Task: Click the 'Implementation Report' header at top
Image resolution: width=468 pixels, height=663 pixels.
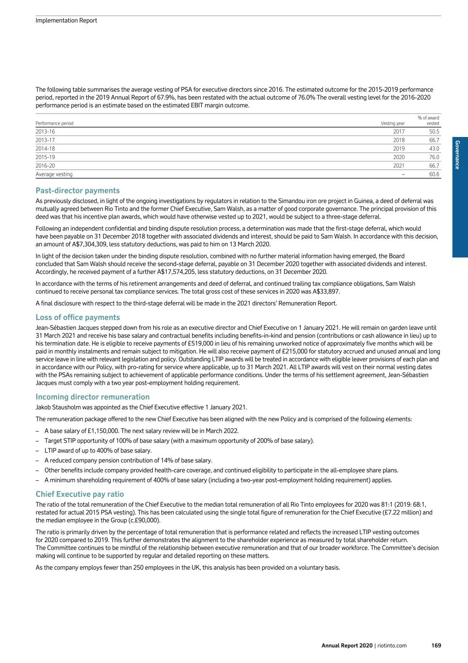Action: tap(66, 20)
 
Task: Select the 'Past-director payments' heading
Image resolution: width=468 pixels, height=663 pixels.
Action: tap(78, 190)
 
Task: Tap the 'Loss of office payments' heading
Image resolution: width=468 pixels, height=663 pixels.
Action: tap(78, 317)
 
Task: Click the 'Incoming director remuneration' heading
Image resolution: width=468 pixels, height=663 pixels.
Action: tap(93, 397)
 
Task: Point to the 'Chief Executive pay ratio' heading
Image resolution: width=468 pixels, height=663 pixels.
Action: tap(80, 494)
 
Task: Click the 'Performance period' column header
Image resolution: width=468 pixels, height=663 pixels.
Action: tap(54, 123)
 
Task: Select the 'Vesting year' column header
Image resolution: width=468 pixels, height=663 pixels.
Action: tap(392, 123)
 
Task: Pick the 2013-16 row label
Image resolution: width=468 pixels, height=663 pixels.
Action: tap(45, 132)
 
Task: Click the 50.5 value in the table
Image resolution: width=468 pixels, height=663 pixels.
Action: tap(434, 132)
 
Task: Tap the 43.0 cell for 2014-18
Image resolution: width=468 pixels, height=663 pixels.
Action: tap(434, 149)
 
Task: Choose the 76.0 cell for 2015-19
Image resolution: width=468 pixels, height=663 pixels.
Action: tap(434, 157)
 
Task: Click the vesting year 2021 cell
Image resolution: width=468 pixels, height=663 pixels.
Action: tap(399, 166)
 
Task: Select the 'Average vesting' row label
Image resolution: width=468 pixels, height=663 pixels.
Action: tap(54, 174)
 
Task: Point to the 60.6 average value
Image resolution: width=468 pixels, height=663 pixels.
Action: tap(434, 174)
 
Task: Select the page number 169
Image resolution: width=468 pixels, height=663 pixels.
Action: tap(436, 646)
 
